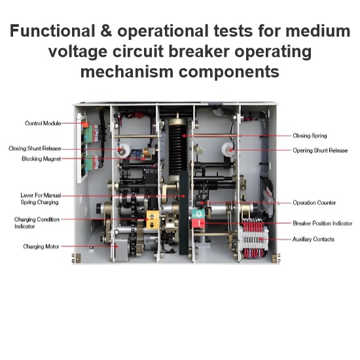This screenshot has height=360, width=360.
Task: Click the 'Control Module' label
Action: [43, 123]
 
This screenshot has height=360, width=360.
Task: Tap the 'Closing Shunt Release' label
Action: [35, 149]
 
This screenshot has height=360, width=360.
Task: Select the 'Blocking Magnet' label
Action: [41, 158]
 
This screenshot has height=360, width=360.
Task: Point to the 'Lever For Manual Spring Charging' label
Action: [41, 198]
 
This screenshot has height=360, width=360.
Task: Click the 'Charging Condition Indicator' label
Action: [37, 223]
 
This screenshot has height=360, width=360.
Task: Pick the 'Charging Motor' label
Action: [41, 247]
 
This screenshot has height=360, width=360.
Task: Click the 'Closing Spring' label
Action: [310, 135]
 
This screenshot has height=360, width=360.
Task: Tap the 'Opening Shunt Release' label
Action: [320, 151]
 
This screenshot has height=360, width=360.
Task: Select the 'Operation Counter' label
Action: [314, 203]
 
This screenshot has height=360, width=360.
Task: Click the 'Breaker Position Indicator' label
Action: [322, 223]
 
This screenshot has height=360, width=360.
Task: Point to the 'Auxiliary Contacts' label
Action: [313, 239]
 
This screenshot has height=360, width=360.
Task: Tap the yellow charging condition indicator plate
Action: [153, 220]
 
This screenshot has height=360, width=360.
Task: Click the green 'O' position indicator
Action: [198, 214]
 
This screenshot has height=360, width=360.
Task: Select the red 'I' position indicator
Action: [198, 223]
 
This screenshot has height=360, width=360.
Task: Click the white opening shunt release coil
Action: [228, 149]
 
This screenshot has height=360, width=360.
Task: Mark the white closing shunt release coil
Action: [123, 151]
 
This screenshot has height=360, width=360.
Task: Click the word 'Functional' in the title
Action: [52, 31]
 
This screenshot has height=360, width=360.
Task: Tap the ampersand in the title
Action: [106, 31]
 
